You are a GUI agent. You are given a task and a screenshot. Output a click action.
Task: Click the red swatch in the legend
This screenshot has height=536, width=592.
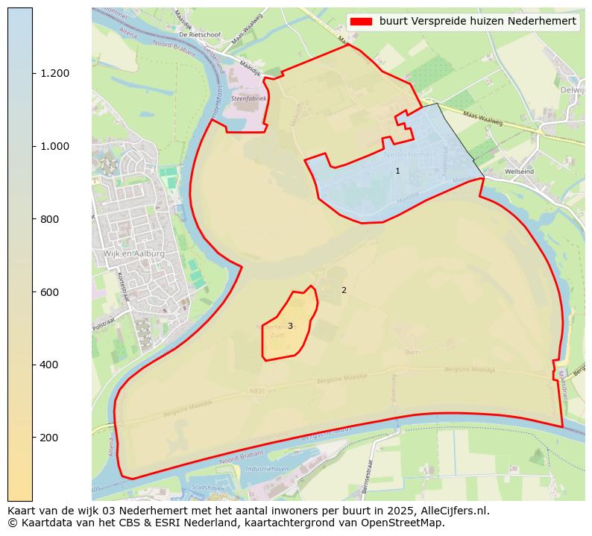click(x=363, y=22)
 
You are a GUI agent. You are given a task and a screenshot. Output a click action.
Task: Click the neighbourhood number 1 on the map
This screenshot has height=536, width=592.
click(x=397, y=171)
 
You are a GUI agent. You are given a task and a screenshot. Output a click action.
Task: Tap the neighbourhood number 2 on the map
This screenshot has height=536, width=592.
click(x=344, y=290)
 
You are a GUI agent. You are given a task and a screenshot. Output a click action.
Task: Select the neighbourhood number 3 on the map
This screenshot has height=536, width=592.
click(x=290, y=327)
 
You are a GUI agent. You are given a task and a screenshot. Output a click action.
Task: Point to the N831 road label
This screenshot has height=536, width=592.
click(x=257, y=390)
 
